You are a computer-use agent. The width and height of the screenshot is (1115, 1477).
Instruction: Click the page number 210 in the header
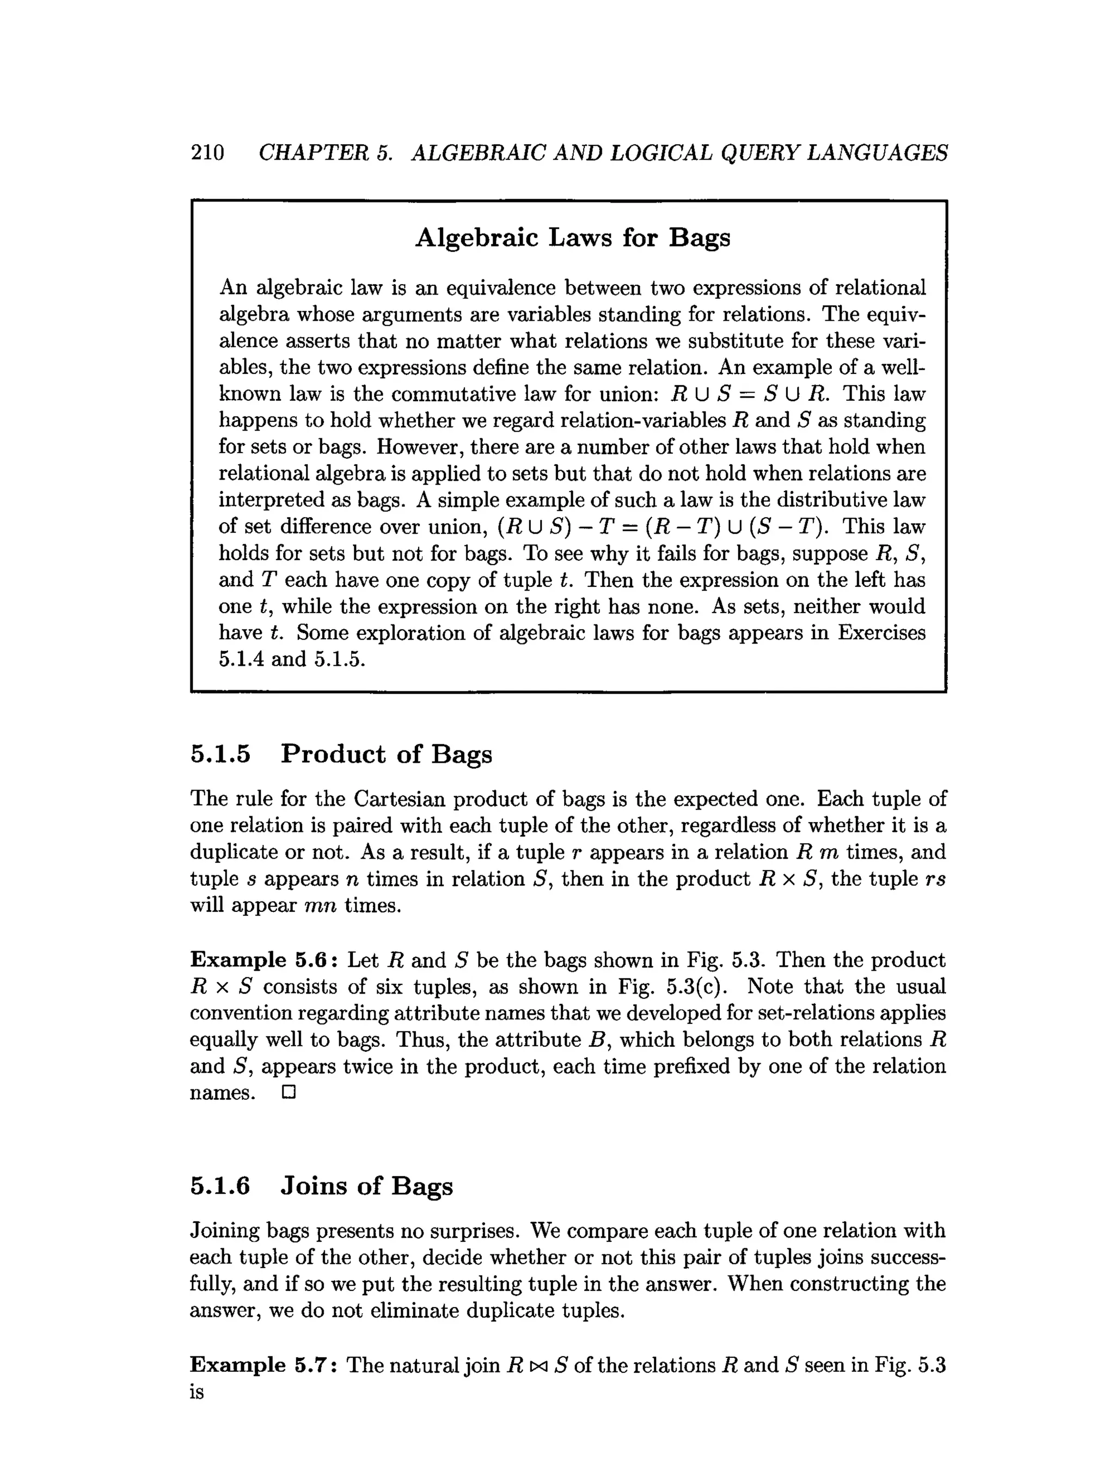click(x=207, y=153)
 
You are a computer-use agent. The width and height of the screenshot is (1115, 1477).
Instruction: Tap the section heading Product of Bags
click(x=386, y=754)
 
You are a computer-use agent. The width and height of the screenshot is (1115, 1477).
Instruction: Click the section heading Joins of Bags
click(x=366, y=1186)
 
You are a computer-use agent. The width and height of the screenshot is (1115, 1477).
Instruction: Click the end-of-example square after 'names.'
click(x=289, y=1093)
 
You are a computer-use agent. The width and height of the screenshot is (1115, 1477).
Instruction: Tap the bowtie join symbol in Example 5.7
click(x=537, y=1365)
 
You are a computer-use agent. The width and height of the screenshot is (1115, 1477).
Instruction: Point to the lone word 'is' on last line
click(x=197, y=1392)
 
